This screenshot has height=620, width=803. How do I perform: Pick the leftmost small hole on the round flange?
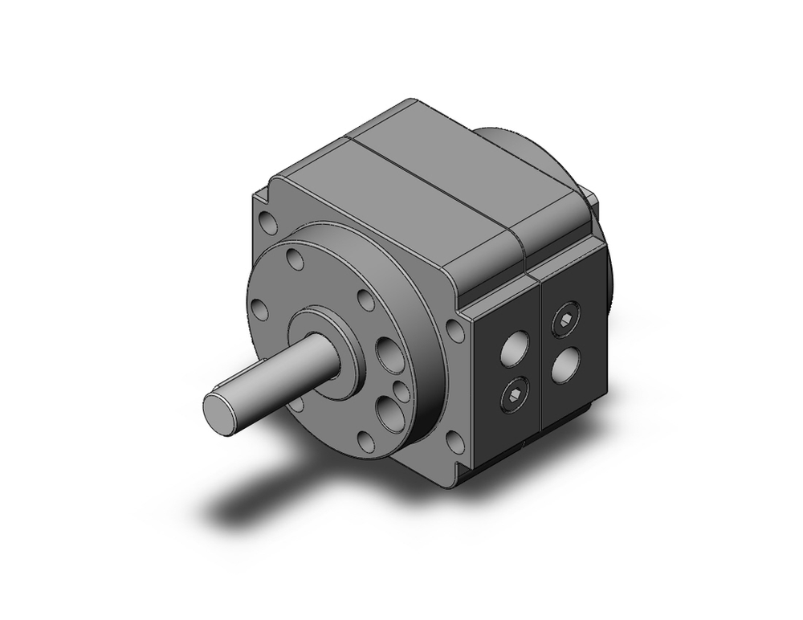pyautogui.click(x=260, y=310)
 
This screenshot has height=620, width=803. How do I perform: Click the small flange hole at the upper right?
pyautogui.click(x=366, y=301)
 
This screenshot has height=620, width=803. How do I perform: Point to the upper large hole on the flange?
pyautogui.click(x=391, y=355)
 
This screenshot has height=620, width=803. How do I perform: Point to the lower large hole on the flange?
pyautogui.click(x=393, y=414)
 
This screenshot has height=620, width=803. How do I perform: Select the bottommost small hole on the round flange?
pyautogui.click(x=366, y=440)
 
